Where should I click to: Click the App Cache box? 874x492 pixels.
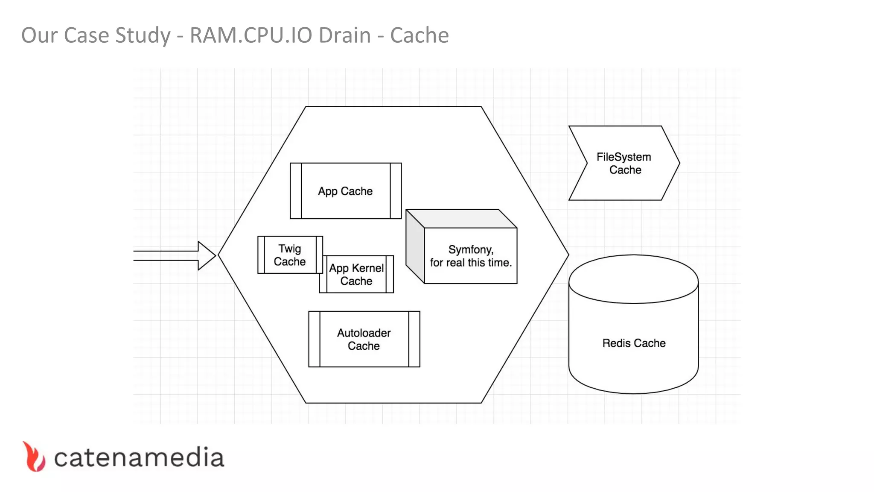[x=345, y=191]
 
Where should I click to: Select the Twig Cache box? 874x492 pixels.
[x=290, y=255]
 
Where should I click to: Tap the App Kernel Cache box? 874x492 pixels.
[x=356, y=275]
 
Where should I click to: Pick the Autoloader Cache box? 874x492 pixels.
[x=364, y=339]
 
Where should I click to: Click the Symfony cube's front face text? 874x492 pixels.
[x=471, y=256]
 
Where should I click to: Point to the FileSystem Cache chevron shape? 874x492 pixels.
[x=624, y=163]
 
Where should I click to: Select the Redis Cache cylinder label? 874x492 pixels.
[x=634, y=343]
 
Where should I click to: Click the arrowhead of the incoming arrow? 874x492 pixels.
[x=207, y=256]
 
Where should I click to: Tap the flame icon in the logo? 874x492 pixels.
[x=34, y=457]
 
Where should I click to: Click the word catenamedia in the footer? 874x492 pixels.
[x=139, y=457]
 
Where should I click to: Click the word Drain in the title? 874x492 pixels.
[x=344, y=35]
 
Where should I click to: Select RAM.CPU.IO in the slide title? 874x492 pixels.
[x=251, y=35]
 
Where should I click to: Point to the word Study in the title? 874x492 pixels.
[x=143, y=36]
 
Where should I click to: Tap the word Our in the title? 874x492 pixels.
[x=40, y=35]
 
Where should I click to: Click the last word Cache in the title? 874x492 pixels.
[x=419, y=35]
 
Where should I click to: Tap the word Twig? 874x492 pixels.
[x=290, y=249]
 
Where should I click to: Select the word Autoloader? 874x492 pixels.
[x=364, y=333]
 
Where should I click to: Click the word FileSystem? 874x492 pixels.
[x=623, y=157]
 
